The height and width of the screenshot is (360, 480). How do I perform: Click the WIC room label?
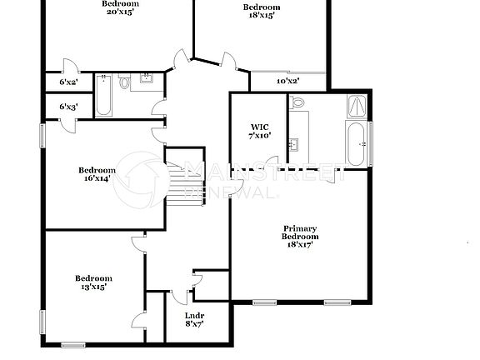(x=259, y=131)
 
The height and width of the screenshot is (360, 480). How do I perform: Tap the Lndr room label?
(x=193, y=320)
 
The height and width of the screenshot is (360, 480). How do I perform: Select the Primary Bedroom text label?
(x=299, y=237)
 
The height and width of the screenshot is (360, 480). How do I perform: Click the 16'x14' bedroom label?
(x=98, y=174)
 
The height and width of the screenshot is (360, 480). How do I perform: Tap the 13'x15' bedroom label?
(x=92, y=282)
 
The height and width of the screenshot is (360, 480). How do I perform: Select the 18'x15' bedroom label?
(x=261, y=12)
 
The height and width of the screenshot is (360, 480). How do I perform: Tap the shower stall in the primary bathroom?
(x=356, y=106)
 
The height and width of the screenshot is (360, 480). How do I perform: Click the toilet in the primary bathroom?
(x=297, y=103)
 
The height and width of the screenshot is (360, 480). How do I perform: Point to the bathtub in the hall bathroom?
(x=103, y=93)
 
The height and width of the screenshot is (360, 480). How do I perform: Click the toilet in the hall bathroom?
(x=123, y=83)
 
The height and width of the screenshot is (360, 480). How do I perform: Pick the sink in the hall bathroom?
(x=147, y=79)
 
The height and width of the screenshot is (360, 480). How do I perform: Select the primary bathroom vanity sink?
(x=294, y=144)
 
